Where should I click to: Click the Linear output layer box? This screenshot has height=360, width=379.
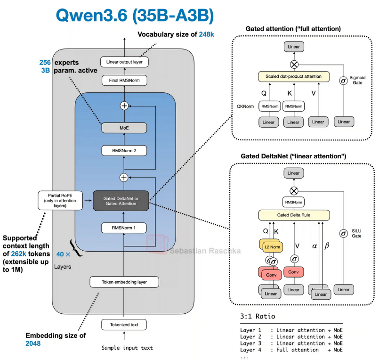(x=124, y=62)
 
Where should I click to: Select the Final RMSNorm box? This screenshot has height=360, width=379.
(x=124, y=80)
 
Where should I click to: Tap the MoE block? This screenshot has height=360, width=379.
(x=124, y=127)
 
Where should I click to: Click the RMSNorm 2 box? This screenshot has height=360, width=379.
(x=124, y=151)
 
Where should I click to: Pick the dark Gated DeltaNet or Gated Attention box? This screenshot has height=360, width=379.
(x=121, y=200)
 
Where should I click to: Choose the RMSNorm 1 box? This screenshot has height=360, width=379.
(x=124, y=228)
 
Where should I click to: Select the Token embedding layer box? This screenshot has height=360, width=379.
(x=124, y=282)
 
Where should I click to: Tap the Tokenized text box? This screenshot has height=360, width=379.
(x=124, y=325)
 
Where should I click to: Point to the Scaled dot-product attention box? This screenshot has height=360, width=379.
(x=293, y=76)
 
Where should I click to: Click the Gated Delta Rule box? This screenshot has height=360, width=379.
(x=293, y=215)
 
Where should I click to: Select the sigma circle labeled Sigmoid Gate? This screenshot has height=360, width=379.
(x=344, y=80)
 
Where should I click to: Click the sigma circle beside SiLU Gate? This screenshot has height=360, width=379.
(x=344, y=233)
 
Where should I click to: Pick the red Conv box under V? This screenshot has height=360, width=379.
(x=293, y=272)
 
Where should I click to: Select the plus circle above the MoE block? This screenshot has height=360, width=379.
(x=124, y=106)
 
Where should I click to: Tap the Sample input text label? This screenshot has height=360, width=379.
(x=127, y=348)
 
